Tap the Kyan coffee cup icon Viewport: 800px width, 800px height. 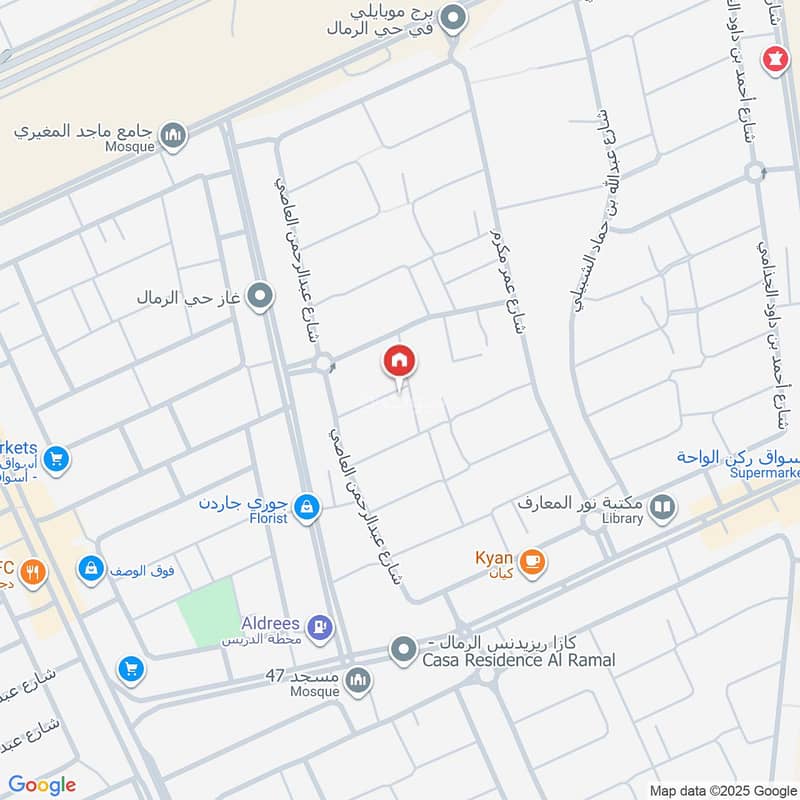(x=532, y=561)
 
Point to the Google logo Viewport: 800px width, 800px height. (x=42, y=785)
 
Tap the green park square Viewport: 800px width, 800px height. (x=208, y=611)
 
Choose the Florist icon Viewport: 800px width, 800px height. (x=308, y=508)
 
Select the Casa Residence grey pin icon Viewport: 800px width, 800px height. (x=403, y=651)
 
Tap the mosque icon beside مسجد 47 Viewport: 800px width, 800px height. (x=358, y=682)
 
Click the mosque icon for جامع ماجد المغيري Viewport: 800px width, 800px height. (x=174, y=135)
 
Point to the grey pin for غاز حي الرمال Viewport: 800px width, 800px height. (x=261, y=296)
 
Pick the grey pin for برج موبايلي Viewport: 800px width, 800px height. (x=453, y=18)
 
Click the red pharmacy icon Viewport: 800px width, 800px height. (x=773, y=58)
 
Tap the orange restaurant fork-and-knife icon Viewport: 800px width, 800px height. (x=33, y=573)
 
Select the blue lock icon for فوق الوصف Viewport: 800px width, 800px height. (x=91, y=570)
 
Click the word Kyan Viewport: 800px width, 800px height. (x=494, y=557)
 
